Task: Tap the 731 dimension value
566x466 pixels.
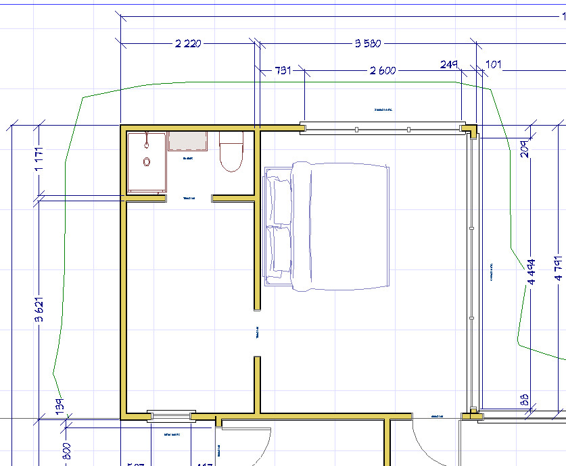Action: click(282, 70)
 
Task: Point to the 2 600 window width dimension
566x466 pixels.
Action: click(383, 70)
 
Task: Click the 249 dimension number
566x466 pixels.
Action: click(448, 65)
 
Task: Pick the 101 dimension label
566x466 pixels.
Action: click(494, 65)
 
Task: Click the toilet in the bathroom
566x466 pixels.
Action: click(231, 153)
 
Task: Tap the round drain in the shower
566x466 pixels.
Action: click(147, 162)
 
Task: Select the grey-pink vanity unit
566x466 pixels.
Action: click(187, 142)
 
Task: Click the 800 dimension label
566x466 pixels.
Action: click(67, 450)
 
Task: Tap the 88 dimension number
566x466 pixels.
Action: click(525, 399)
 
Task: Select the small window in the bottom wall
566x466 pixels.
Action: click(172, 415)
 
